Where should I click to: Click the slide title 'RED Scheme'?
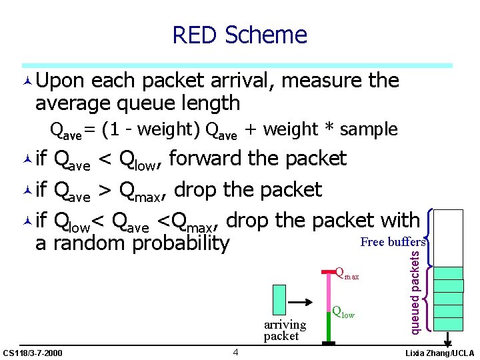coord(239,35)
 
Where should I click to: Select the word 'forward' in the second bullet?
coord(204,159)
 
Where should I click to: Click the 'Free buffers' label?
coord(393,242)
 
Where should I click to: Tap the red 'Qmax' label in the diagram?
coord(347,273)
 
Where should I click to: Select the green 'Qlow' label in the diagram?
coord(343,311)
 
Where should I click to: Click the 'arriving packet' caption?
coord(284,330)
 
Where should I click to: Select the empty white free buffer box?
coord(449,237)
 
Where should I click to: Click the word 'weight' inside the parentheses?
coord(170,129)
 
